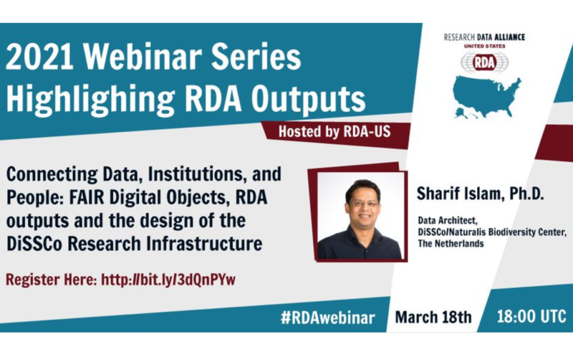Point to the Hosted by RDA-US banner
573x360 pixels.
coord(335,132)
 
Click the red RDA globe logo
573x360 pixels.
coord(484,62)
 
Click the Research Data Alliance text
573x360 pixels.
coord(484,38)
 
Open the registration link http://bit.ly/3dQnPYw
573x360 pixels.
coord(168,280)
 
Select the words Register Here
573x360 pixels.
coord(51,280)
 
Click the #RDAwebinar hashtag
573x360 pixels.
coord(328,317)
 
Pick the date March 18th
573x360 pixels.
coord(433,317)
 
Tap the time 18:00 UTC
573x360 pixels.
coord(532,316)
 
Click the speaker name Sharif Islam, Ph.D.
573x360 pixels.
coord(480,194)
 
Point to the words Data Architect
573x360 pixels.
coord(447,221)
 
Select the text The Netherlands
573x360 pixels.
coord(450,244)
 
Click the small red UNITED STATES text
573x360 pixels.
coord(485,46)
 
